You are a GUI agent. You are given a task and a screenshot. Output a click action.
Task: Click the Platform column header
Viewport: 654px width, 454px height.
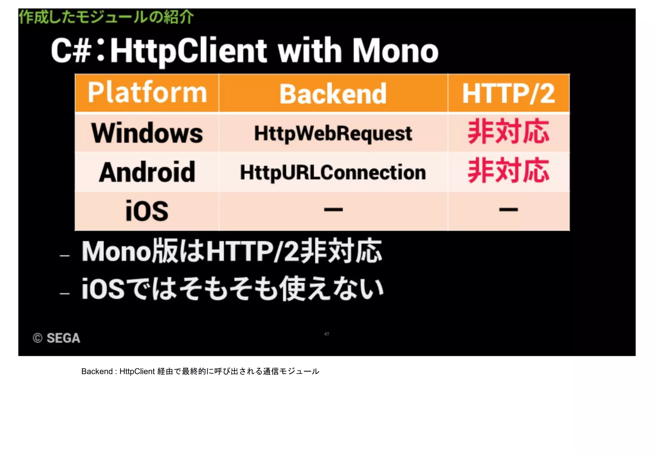click(147, 93)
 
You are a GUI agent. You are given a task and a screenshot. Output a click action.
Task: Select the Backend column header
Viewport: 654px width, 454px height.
click(333, 94)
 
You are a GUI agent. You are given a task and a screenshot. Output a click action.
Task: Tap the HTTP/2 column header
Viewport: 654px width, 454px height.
click(508, 94)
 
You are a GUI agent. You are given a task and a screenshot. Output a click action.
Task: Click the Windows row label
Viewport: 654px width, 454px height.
click(147, 133)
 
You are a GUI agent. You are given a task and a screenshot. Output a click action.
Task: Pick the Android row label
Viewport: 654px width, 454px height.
click(147, 172)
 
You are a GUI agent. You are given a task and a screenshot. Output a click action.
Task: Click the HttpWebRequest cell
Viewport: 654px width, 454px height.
click(333, 134)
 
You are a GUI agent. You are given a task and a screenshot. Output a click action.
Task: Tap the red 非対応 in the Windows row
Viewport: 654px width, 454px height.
click(508, 132)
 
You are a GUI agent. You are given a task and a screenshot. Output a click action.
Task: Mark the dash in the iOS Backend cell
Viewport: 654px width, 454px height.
click(333, 210)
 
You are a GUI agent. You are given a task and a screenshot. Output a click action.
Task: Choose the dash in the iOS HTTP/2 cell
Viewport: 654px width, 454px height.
click(508, 210)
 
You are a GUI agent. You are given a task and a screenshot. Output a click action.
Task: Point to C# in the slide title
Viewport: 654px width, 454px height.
click(71, 51)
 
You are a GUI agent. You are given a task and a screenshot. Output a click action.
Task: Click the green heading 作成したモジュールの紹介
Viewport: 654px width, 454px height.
click(106, 17)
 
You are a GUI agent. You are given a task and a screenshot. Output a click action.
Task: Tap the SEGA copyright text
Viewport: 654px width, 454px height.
click(57, 338)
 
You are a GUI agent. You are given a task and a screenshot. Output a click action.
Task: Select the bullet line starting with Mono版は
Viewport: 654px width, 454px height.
click(232, 251)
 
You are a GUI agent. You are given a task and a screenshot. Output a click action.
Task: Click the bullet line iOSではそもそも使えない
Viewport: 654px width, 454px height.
click(232, 289)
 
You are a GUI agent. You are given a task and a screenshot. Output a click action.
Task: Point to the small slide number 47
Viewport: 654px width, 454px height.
click(327, 334)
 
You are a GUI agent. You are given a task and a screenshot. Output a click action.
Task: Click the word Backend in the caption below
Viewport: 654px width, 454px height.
click(97, 372)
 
